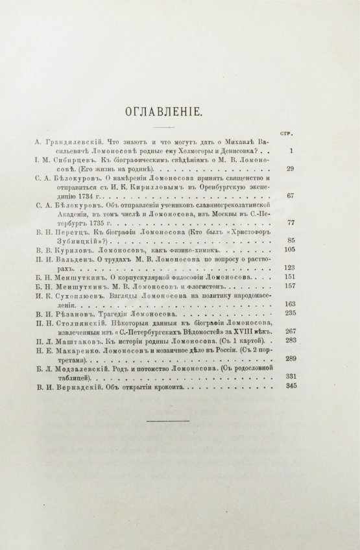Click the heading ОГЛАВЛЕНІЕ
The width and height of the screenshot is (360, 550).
coord(180,112)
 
